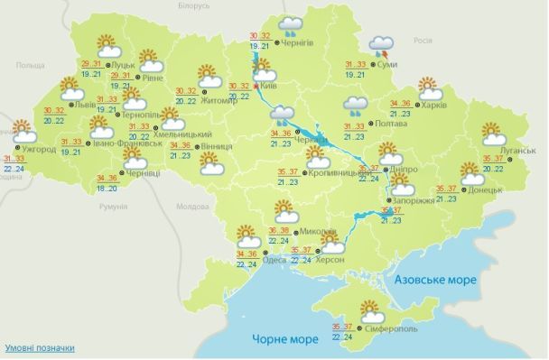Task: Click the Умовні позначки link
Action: [x=39, y=348]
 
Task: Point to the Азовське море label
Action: [x=434, y=281]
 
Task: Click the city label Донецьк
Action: [x=483, y=192]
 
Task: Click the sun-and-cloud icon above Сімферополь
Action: [x=370, y=311]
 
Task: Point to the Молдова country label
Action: [x=192, y=207]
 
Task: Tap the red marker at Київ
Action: [x=257, y=87]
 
